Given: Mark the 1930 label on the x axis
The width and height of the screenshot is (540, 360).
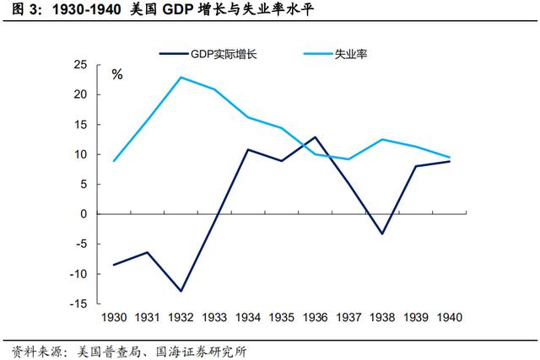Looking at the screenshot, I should [113, 317].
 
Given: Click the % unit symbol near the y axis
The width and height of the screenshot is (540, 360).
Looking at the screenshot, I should [117, 74].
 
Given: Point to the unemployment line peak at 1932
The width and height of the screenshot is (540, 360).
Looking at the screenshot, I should [181, 77].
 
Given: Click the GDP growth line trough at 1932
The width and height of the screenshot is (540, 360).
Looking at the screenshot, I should [181, 291].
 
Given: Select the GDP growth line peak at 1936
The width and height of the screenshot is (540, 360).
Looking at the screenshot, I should [315, 137].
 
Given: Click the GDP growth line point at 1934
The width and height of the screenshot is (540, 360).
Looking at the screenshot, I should [247, 149].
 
